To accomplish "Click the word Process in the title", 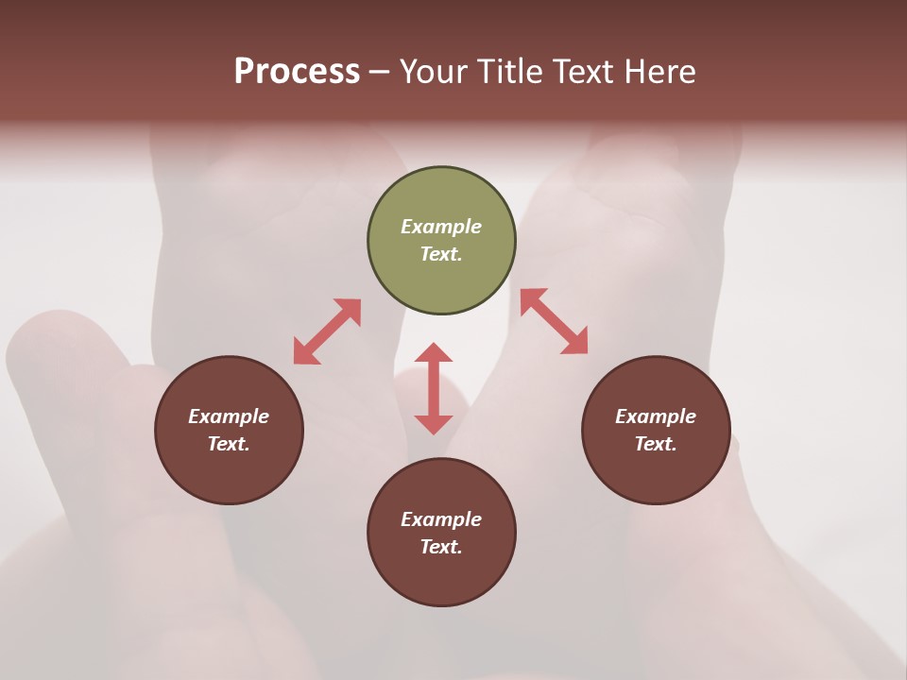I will click(x=297, y=72).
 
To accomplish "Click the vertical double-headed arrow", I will click(x=434, y=388).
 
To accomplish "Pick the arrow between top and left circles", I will click(x=327, y=331).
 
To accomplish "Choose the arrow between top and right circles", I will click(x=554, y=321).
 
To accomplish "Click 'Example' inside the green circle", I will click(x=441, y=227).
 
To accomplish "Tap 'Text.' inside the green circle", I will click(x=441, y=254).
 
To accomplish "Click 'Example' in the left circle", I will click(x=229, y=416).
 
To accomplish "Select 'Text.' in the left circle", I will click(x=229, y=444).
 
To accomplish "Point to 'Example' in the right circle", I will click(x=656, y=416).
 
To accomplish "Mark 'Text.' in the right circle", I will click(x=656, y=444).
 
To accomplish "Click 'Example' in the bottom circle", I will click(x=441, y=519).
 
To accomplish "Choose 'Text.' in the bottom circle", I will click(x=441, y=547).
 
